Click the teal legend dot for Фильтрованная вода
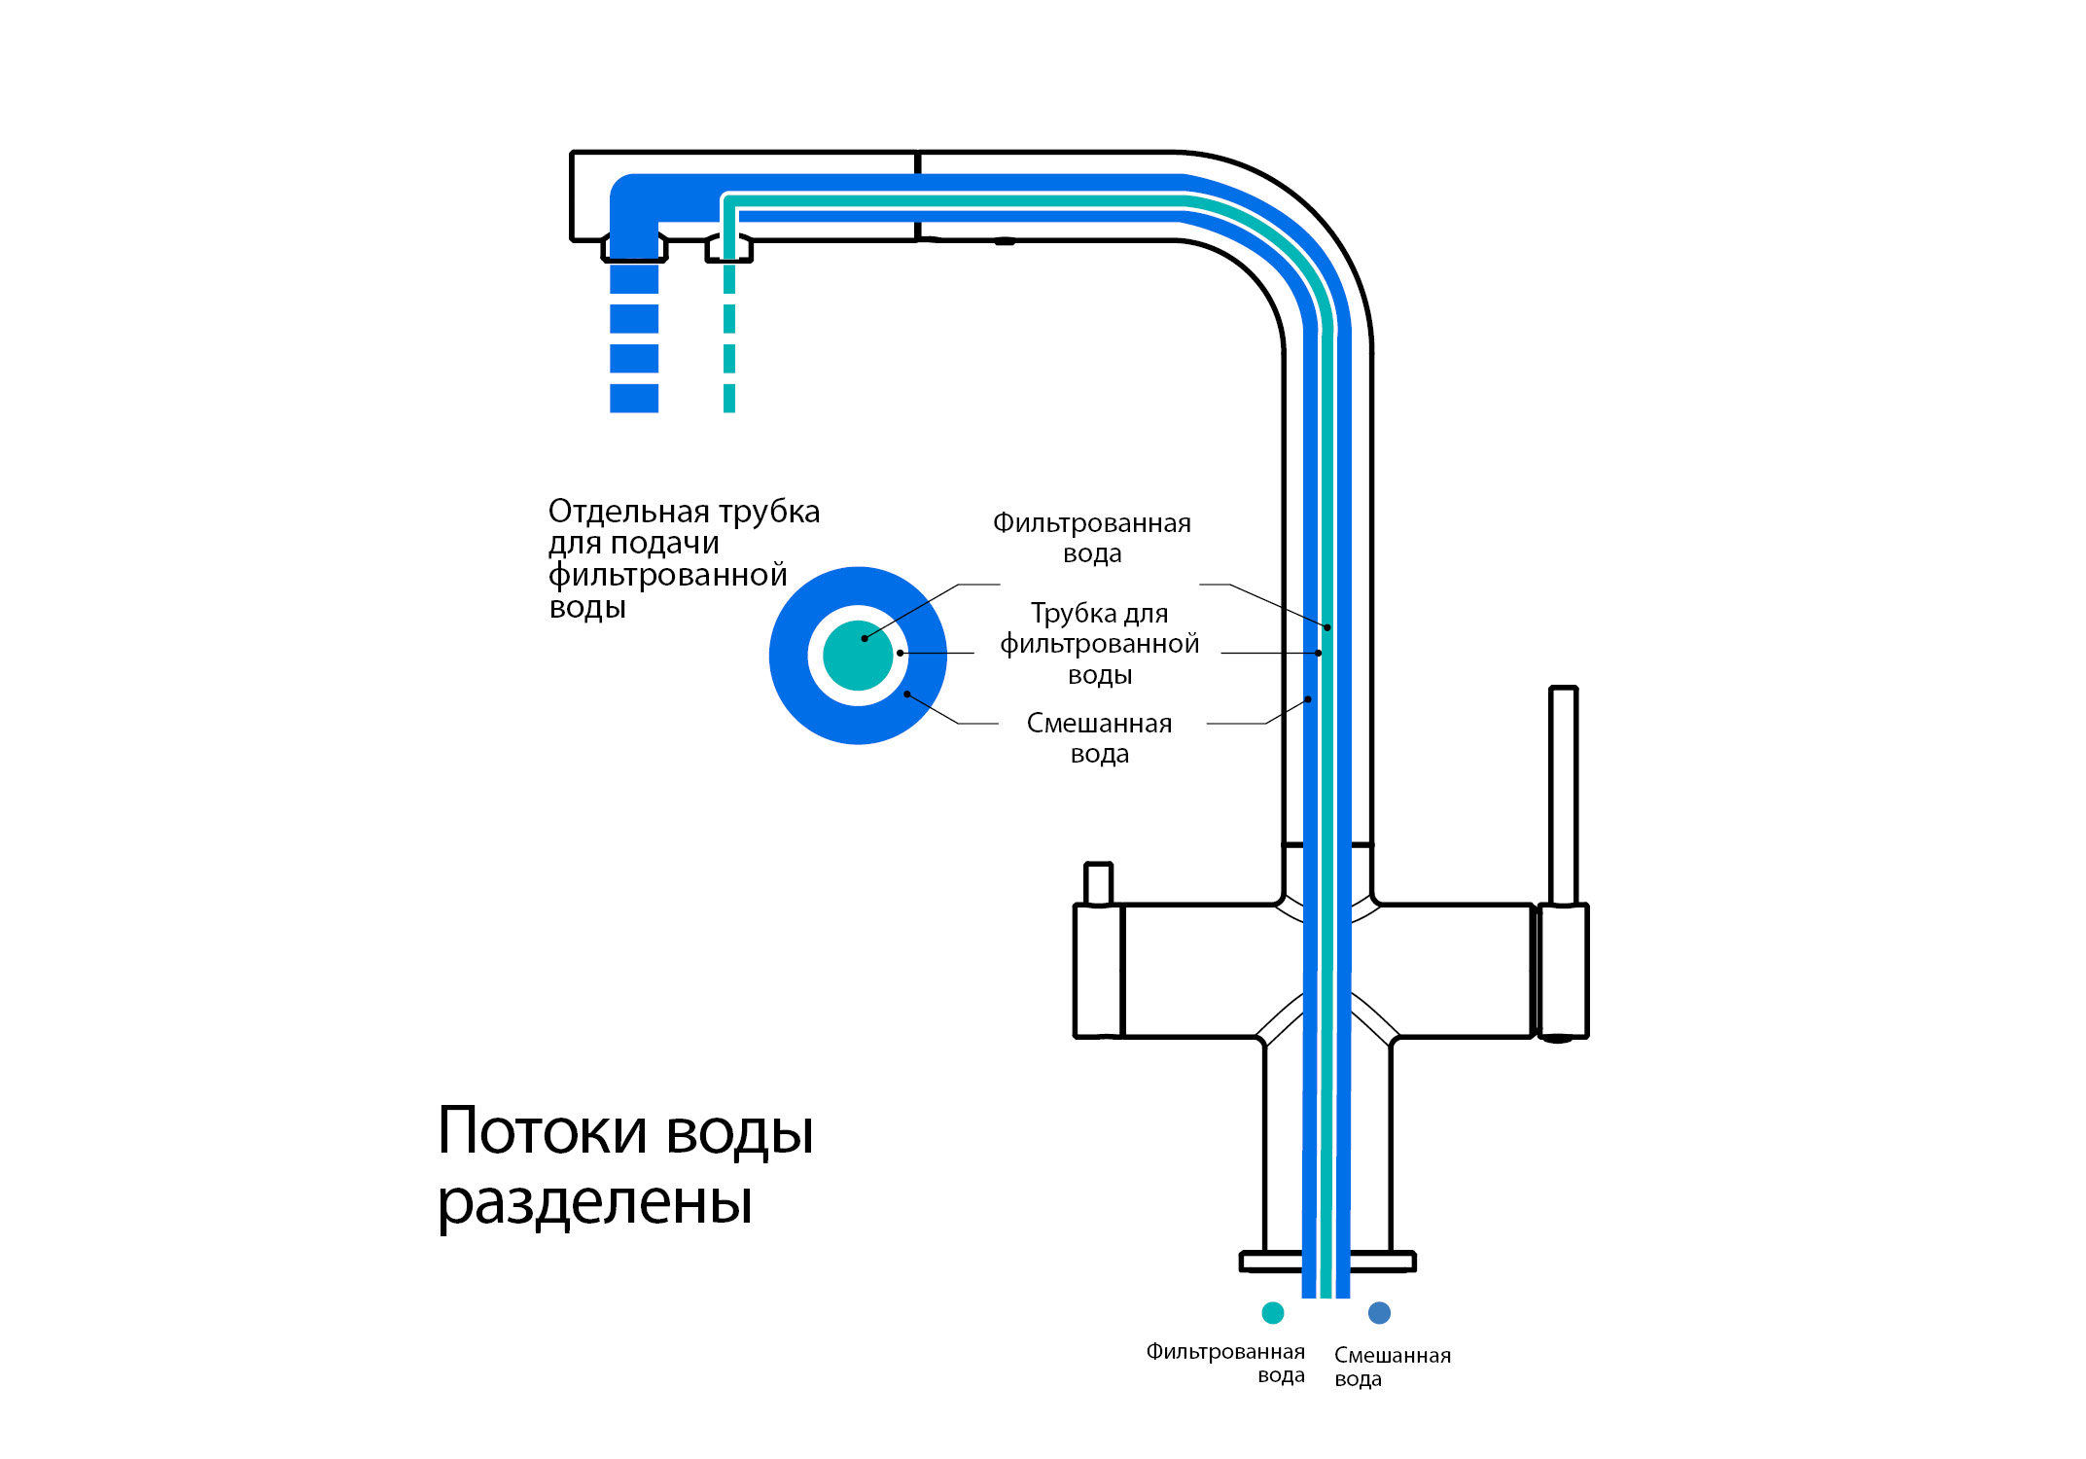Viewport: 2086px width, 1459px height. coord(1272,1313)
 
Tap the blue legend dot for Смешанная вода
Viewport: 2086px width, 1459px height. coord(1379,1313)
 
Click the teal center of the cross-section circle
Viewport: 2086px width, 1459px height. coord(858,656)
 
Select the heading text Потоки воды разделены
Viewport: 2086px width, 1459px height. coord(624,1165)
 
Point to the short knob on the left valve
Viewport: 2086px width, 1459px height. coord(1098,884)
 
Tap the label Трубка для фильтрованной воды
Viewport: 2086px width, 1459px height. coord(1099,644)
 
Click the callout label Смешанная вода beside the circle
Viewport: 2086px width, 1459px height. coord(1099,738)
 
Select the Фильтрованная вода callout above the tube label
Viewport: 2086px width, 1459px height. coord(1091,538)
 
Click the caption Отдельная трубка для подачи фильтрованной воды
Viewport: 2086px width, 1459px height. coord(683,559)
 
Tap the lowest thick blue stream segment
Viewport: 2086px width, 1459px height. coord(634,398)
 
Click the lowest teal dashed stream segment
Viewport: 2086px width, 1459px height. coord(729,398)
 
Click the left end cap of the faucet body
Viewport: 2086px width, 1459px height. coord(1098,971)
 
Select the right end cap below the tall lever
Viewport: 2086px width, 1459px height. coord(1562,971)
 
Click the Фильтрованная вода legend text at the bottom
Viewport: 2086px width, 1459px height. coord(1225,1364)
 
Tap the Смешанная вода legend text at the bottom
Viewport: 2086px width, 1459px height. coord(1392,1367)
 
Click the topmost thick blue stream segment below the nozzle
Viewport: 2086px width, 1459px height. coord(634,279)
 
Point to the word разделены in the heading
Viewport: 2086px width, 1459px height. coord(595,1202)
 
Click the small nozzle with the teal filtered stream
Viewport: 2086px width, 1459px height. coord(729,249)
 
